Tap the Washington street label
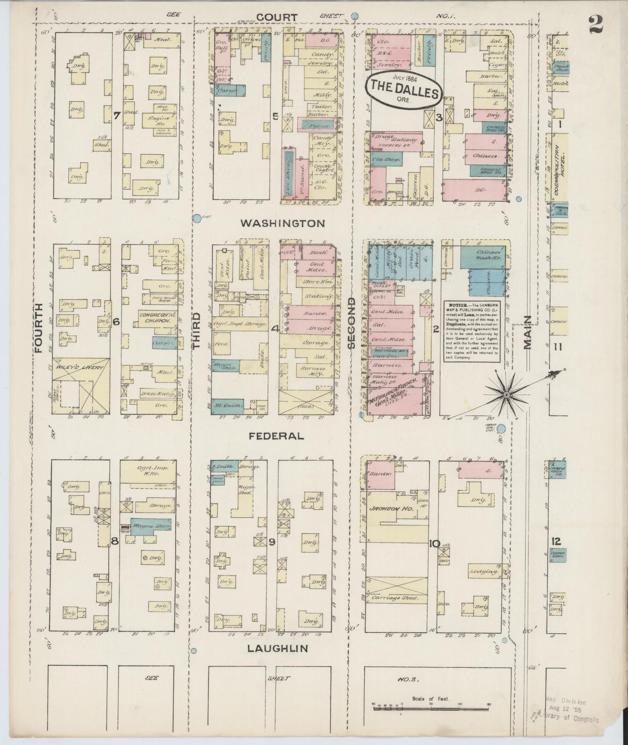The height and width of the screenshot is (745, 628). pos(282,223)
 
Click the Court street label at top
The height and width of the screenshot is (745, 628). pos(277,17)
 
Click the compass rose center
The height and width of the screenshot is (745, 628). pos(507,395)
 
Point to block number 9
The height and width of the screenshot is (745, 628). pos(272,542)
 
